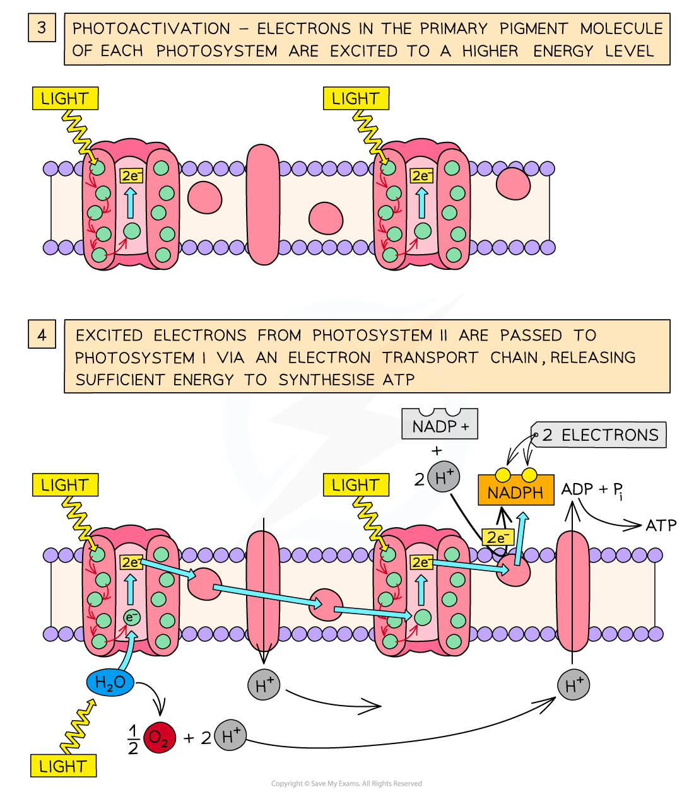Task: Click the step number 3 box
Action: point(42,28)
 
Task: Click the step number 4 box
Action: point(42,334)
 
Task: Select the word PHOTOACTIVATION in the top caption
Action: point(151,29)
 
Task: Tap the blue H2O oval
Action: point(110,682)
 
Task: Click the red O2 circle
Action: point(159,738)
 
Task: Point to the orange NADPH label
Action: point(515,492)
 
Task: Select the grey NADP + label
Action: point(440,427)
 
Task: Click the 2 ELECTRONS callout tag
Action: point(599,435)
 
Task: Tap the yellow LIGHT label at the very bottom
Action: point(62,766)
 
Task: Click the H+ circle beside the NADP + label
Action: point(444,477)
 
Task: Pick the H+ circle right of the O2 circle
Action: point(230,735)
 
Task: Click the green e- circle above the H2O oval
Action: point(131,617)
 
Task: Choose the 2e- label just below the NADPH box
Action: point(497,538)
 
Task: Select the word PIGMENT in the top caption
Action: point(533,29)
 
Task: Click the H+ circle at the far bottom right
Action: point(573,685)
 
